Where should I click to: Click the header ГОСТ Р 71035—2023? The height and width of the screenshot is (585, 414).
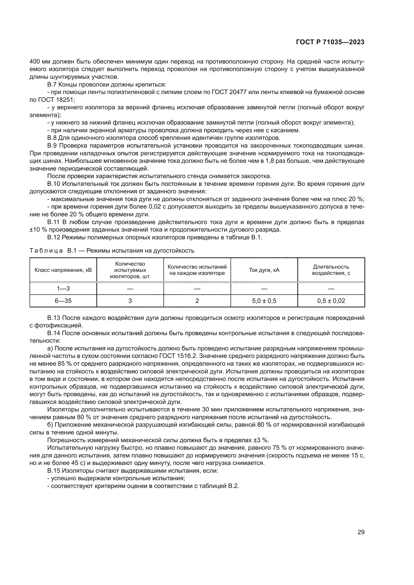[330, 42]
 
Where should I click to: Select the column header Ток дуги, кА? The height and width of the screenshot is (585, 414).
[264, 270]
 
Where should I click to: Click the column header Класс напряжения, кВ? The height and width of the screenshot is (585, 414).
[63, 270]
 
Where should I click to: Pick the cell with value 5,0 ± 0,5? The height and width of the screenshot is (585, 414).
[264, 301]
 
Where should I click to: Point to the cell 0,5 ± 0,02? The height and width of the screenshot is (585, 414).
[331, 301]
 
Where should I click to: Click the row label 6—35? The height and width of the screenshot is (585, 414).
[63, 301]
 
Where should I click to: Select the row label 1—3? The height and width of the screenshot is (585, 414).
[63, 288]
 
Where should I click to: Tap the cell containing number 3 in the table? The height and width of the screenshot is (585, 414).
[130, 301]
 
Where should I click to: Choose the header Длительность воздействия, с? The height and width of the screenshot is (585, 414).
[331, 270]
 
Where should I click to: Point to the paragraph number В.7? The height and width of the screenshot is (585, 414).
[52, 85]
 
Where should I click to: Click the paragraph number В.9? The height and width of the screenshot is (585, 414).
[52, 146]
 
